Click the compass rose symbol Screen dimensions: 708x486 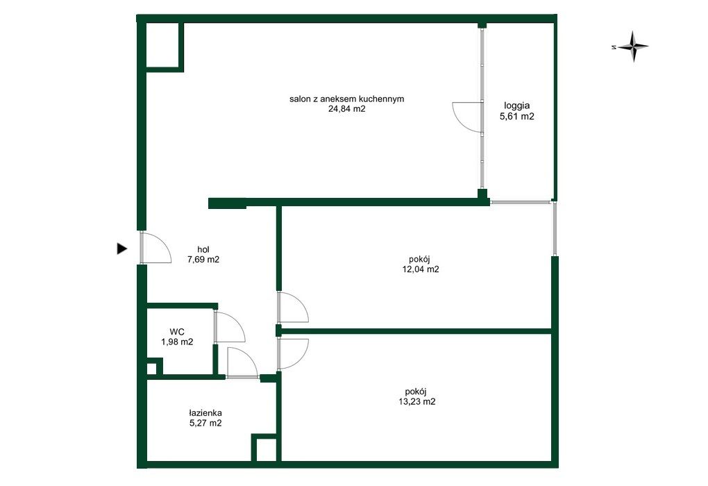(x=633, y=46)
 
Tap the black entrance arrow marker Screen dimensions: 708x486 (x=122, y=249)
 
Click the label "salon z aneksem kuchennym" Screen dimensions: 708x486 (x=347, y=99)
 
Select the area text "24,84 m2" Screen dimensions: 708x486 (x=347, y=109)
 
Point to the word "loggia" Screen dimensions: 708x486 (x=517, y=106)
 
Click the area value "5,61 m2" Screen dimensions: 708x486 (x=517, y=117)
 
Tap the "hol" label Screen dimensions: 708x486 (x=203, y=249)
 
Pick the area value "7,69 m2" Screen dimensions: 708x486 (x=203, y=260)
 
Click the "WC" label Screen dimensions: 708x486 (x=177, y=332)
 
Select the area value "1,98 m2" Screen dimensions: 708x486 (x=177, y=342)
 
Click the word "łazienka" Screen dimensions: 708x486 (x=205, y=413)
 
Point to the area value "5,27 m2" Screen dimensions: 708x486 (x=205, y=424)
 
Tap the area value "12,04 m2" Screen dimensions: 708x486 (x=421, y=269)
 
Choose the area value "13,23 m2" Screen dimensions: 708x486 (x=416, y=401)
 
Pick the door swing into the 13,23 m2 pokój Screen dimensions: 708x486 (x=302, y=360)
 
